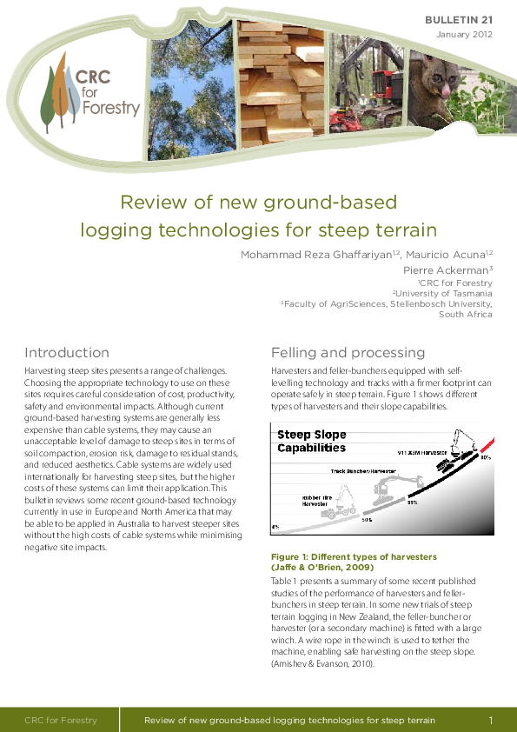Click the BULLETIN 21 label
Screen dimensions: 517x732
(x=458, y=19)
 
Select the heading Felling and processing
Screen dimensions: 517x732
(x=348, y=353)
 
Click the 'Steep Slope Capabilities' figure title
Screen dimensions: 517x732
(x=311, y=441)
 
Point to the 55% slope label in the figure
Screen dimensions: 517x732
(x=413, y=502)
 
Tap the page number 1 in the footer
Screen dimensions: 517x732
(x=491, y=721)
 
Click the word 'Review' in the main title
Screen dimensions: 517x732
(x=149, y=203)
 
